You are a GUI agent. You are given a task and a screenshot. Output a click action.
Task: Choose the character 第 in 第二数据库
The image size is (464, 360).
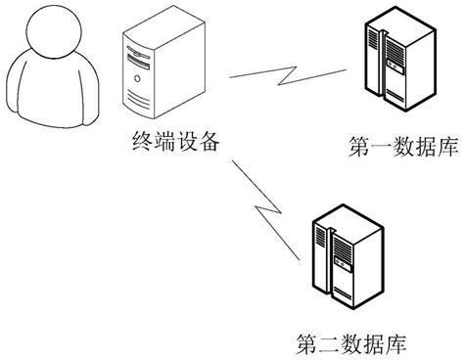pos(302,343)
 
